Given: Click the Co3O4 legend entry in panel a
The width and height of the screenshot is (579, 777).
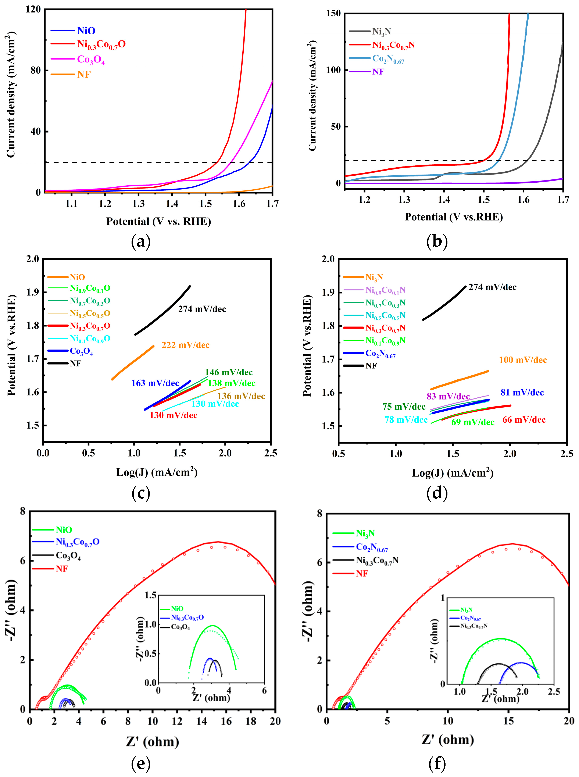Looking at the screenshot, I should coord(90,60).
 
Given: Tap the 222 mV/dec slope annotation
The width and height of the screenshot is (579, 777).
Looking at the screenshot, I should coord(185,345).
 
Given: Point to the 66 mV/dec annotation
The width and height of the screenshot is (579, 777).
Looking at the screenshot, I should coord(524,420).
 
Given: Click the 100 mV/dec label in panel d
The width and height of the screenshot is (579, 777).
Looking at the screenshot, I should coord(523,360).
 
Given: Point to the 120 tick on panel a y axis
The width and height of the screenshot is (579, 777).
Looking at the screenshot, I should coord(33,10).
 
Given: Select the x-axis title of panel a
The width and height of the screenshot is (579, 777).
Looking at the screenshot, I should coord(158,222).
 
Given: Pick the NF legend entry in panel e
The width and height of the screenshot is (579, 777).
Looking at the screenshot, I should coord(61,569).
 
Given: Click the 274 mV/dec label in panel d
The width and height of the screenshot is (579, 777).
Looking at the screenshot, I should coord(492,287).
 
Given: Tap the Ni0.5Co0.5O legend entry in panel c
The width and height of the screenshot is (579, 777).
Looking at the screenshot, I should coord(90,313).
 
